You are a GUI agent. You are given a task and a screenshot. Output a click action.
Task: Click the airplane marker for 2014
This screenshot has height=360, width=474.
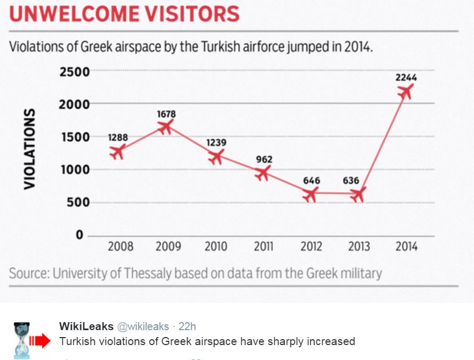[x=406, y=92]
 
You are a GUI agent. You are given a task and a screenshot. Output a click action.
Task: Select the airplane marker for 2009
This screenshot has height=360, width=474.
[x=166, y=126]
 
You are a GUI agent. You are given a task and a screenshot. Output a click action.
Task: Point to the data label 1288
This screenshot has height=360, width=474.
[x=118, y=138]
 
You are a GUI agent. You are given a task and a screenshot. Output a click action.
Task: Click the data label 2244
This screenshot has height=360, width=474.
[x=406, y=77]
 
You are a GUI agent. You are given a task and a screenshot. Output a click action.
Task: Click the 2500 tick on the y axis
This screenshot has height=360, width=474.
[x=74, y=71]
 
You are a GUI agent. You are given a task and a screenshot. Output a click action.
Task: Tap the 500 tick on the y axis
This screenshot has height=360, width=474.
[x=78, y=203]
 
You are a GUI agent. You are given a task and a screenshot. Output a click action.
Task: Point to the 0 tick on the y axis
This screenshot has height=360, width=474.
[x=80, y=235]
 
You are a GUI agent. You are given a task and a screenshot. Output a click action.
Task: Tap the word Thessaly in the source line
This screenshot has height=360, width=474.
[x=150, y=274]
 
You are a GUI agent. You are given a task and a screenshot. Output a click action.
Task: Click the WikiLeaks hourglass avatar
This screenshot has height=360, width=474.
[x=22, y=339]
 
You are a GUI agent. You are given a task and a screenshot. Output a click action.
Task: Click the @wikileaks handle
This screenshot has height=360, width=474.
[x=142, y=326]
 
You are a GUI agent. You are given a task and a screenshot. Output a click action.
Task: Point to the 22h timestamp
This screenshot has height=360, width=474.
[x=188, y=326]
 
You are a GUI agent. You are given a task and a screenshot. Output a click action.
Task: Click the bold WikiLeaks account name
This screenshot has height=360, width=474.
[x=86, y=326]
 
